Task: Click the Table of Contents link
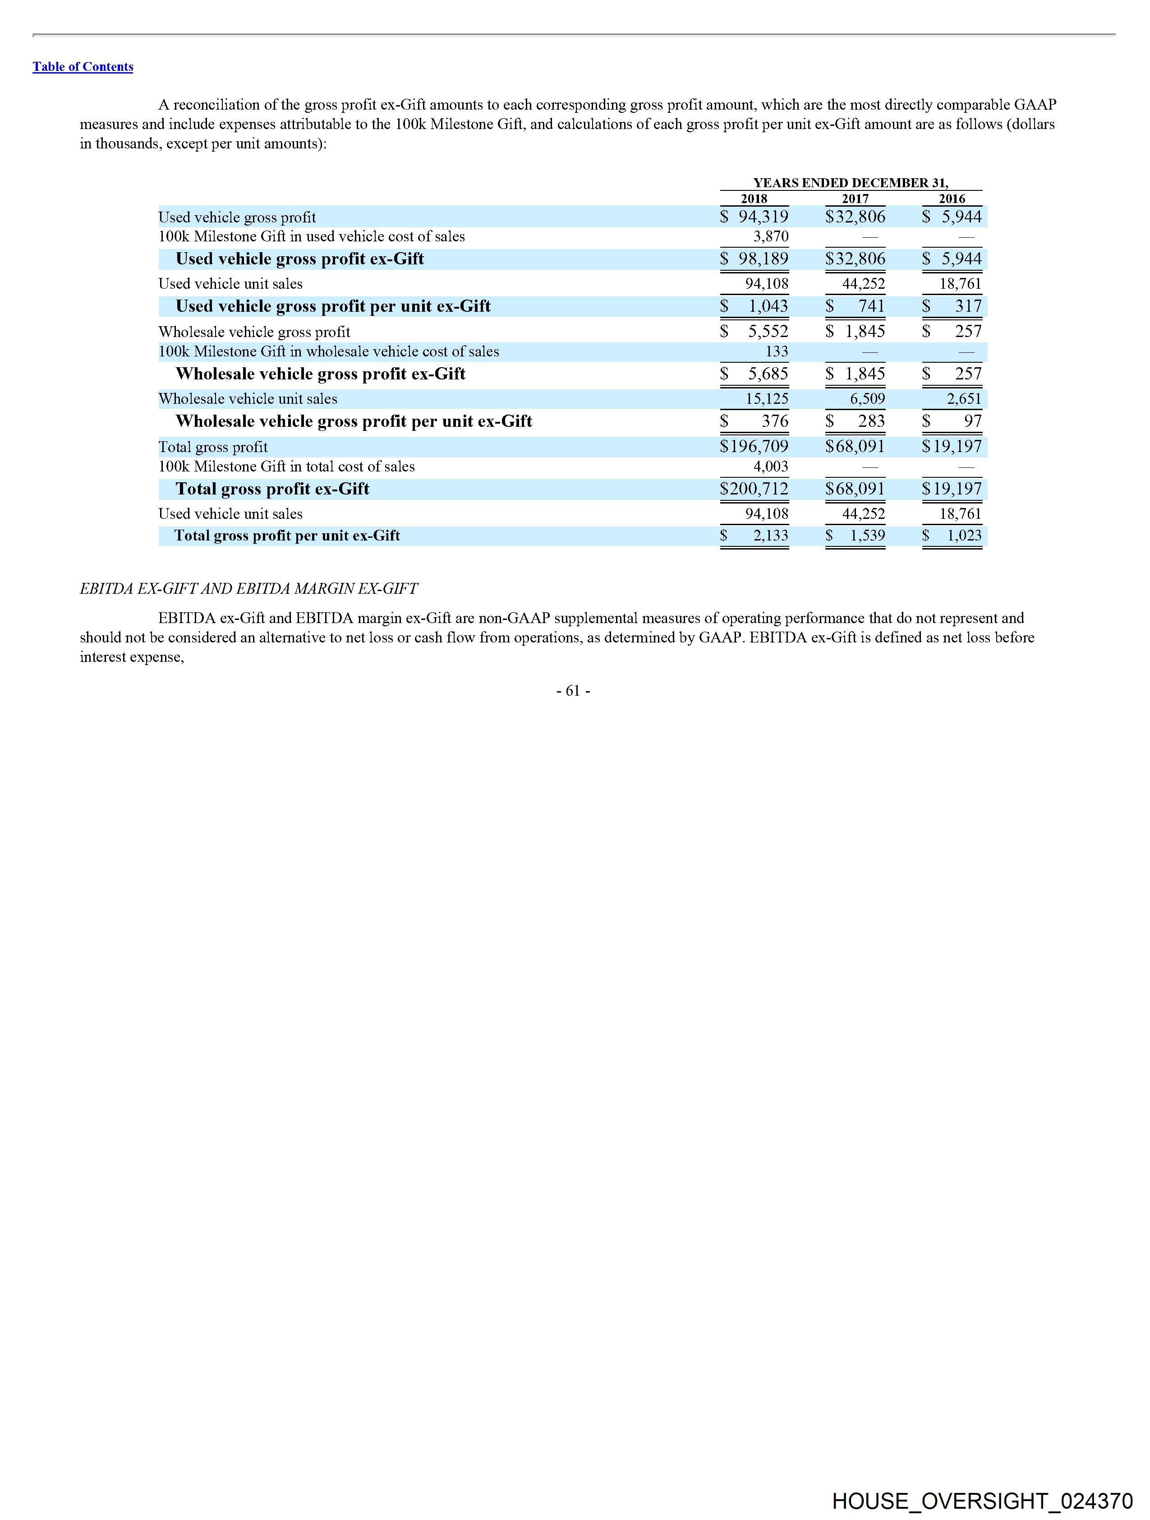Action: pyautogui.click(x=83, y=67)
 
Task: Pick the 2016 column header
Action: pyautogui.click(x=952, y=199)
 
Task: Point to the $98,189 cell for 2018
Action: pyautogui.click(x=754, y=259)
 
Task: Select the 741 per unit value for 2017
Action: pyautogui.click(x=871, y=306)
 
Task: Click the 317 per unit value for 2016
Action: pyautogui.click(x=968, y=306)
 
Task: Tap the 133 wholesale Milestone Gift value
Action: pyautogui.click(x=776, y=352)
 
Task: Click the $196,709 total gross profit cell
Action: pyautogui.click(x=754, y=447)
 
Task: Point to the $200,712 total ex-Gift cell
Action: pyautogui.click(x=754, y=489)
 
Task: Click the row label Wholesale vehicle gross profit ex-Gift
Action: pyautogui.click(x=320, y=374)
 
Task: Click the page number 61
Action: pyautogui.click(x=573, y=691)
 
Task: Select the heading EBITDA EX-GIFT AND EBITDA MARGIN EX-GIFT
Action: pyautogui.click(x=248, y=589)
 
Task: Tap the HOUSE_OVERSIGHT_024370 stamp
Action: pyautogui.click(x=982, y=1501)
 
